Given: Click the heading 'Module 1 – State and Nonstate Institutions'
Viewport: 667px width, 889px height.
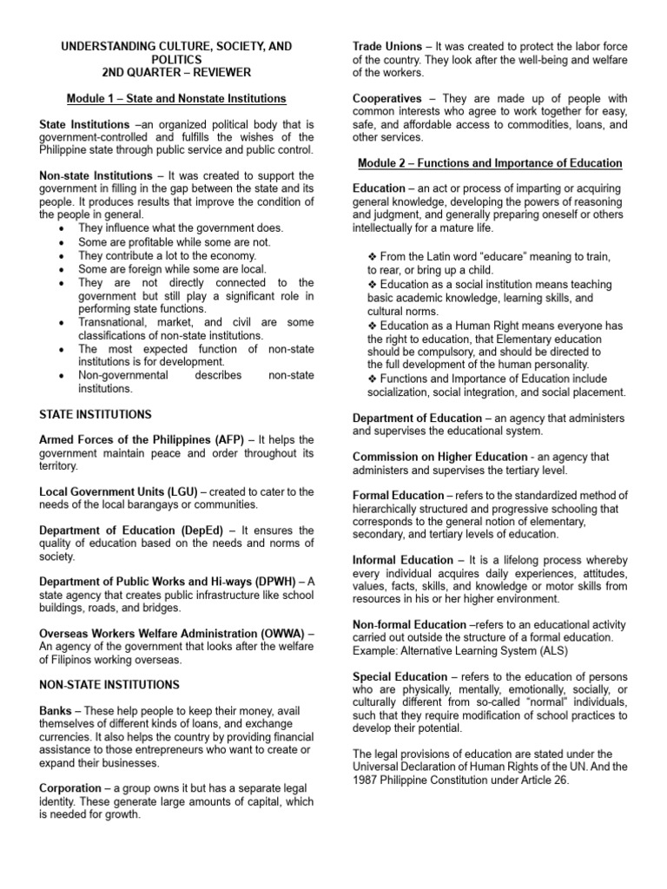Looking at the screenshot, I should (x=176, y=98).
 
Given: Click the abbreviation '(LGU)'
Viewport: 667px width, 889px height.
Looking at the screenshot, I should (x=181, y=491).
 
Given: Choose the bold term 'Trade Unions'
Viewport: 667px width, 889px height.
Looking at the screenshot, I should (x=386, y=45).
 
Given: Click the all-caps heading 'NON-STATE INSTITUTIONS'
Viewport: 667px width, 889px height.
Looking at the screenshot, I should (x=109, y=685).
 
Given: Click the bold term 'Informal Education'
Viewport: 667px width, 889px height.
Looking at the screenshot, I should (x=402, y=560).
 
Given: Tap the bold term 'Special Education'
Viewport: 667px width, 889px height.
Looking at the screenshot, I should (x=400, y=676).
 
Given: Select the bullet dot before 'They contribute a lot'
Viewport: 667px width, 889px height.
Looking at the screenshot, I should (x=60, y=256).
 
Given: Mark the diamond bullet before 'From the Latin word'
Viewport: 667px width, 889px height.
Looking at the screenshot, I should (x=373, y=257).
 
